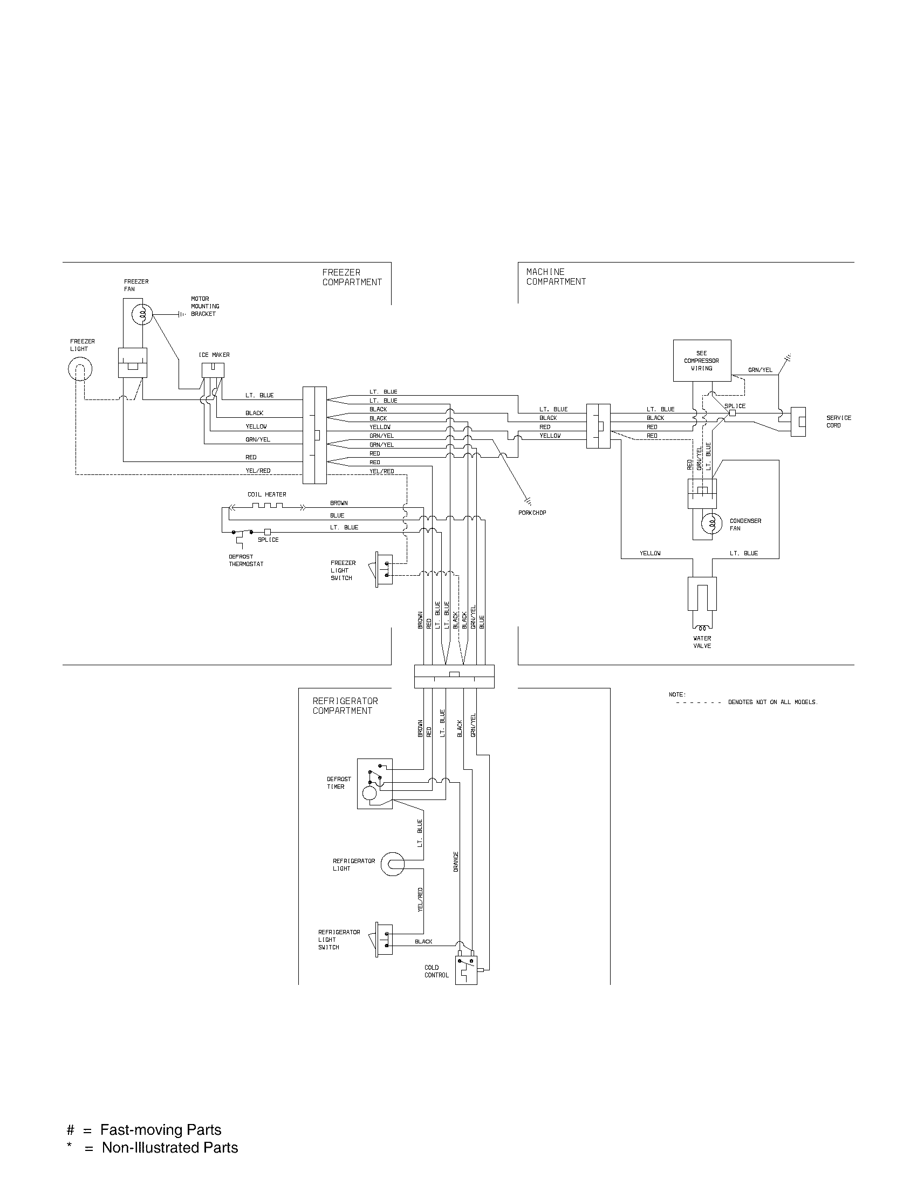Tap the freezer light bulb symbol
tap(80, 370)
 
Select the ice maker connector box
tap(213, 370)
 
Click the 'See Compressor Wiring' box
tap(702, 361)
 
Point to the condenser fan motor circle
tap(711, 524)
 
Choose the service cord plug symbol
tap(797, 422)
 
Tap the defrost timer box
tap(374, 784)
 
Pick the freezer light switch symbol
tap(384, 569)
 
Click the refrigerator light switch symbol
tap(384, 939)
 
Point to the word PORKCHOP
tap(532, 513)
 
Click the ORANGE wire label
tap(456, 862)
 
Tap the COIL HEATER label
tap(266, 495)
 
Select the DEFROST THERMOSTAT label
tap(246, 561)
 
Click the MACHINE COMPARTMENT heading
tap(556, 277)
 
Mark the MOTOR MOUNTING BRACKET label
tap(205, 306)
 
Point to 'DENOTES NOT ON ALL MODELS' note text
tap(772, 702)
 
